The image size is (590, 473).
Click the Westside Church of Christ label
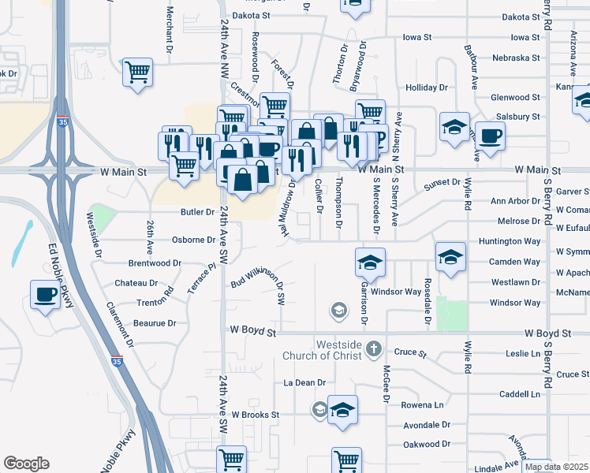(328, 350)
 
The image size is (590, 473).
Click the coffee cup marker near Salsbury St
(490, 136)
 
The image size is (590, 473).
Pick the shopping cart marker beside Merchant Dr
(137, 73)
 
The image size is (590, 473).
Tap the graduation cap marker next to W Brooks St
(342, 410)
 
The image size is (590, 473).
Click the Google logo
(26, 464)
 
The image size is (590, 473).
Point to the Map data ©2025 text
(556, 467)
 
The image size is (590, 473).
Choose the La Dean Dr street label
(304, 382)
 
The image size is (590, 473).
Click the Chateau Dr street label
(136, 282)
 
